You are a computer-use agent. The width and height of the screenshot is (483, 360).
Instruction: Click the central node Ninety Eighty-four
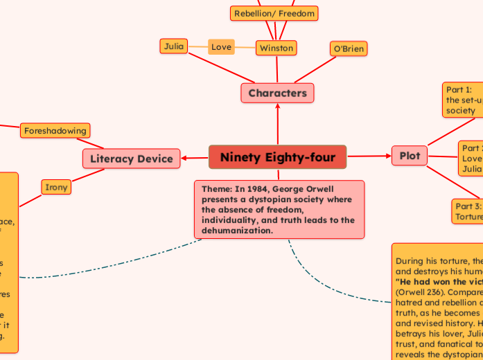point(277,158)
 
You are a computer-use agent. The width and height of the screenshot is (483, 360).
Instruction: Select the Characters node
point(277,93)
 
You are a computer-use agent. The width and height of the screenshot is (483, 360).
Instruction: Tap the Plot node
point(410,156)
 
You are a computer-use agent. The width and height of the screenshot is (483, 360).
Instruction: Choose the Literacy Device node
point(131,159)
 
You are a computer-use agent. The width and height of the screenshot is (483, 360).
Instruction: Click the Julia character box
point(173,46)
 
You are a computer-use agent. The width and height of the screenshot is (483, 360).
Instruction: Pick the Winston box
point(276,48)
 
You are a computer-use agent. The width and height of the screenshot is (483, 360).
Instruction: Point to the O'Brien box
point(348,48)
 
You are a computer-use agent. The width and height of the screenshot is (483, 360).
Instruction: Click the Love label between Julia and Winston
point(222,47)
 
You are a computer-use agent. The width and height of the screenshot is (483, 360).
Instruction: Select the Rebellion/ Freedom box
point(274,13)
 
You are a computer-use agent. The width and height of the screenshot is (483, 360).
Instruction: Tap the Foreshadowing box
point(55,130)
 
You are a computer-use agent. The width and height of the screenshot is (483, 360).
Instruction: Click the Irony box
point(55,187)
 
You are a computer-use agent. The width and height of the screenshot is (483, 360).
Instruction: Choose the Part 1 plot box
point(463,100)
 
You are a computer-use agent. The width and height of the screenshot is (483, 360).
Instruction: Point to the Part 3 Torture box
point(468,211)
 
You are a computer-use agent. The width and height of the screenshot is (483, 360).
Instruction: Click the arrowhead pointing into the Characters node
point(277,107)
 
